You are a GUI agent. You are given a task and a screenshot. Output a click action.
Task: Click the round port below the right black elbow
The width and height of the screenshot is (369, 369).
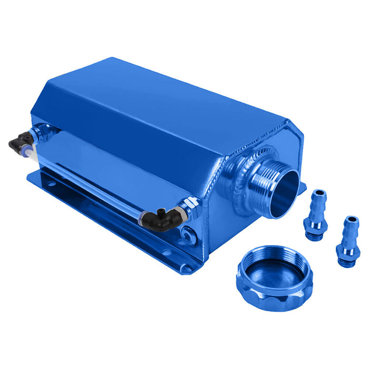tap(187, 232)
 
